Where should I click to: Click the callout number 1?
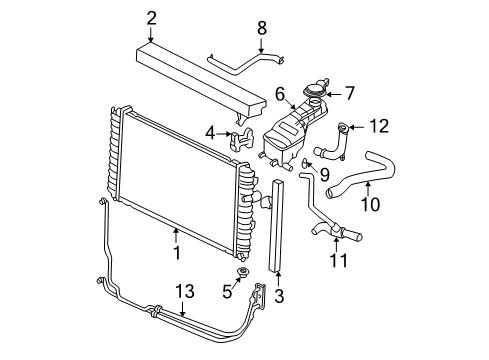[x=176, y=253]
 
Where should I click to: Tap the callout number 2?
[x=151, y=17]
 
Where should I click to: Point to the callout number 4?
[x=210, y=132]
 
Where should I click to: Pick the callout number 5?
[x=227, y=292]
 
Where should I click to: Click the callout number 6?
[x=281, y=93]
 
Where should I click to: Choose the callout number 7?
[x=349, y=94]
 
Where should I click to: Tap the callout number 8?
[x=261, y=27]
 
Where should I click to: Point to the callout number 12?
[x=377, y=126]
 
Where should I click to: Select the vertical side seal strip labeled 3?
[x=278, y=225]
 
